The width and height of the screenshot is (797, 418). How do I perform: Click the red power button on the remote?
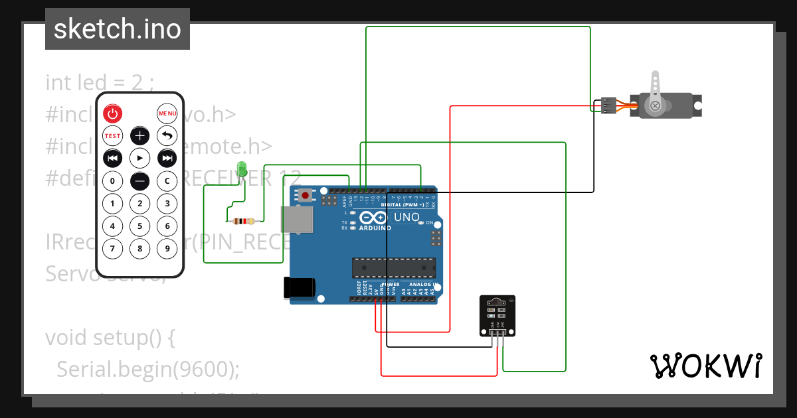113,113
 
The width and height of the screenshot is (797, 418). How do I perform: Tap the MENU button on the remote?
167,113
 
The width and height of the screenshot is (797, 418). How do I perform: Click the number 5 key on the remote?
139,226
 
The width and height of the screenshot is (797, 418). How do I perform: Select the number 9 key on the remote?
167,249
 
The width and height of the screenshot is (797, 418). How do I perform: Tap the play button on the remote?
139,158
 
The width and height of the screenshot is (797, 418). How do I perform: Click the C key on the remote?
167,180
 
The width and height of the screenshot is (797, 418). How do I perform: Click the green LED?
242,169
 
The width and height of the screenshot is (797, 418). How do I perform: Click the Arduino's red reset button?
305,194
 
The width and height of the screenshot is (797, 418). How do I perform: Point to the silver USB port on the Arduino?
297,220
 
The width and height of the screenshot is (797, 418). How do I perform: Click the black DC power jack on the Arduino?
299,287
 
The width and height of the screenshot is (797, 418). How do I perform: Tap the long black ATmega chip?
393,267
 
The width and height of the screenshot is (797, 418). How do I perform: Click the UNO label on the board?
407,217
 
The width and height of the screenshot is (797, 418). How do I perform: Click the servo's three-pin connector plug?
608,105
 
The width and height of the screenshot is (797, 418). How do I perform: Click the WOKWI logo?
705,366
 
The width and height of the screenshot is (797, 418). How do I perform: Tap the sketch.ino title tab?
118,29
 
